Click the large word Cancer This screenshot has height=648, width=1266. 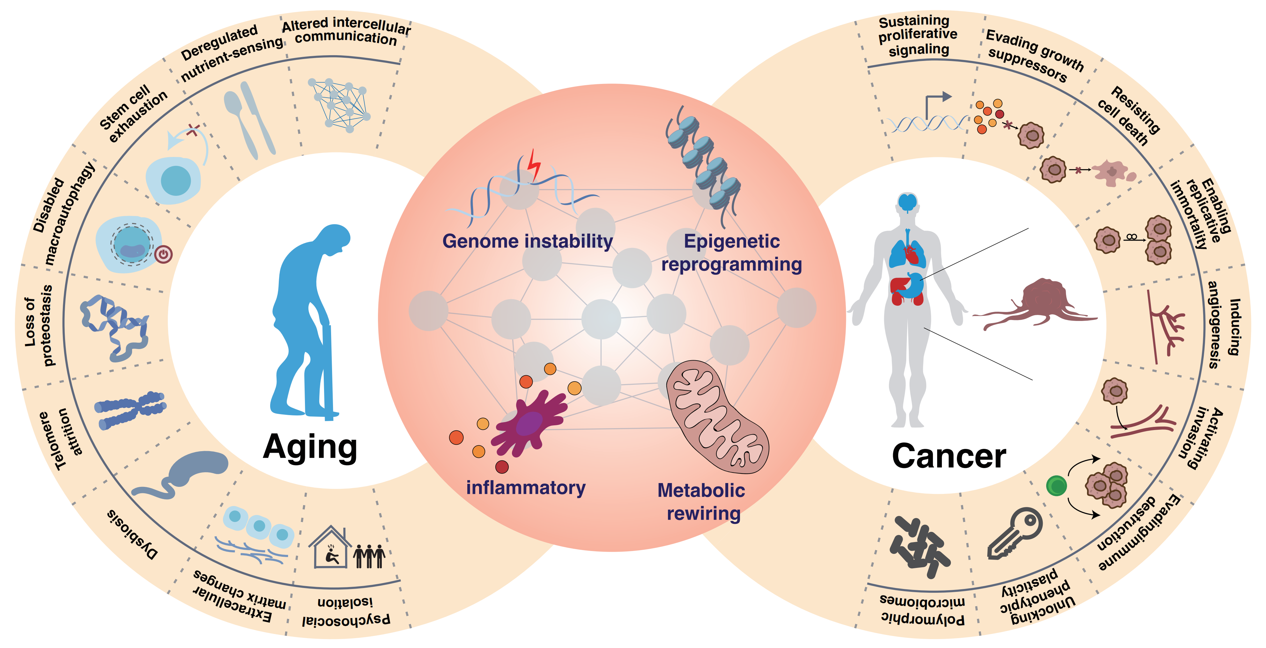(x=949, y=456)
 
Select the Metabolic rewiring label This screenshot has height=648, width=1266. (x=702, y=502)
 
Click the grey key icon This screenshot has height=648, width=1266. (x=1014, y=533)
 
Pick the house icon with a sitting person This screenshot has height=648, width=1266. (x=330, y=547)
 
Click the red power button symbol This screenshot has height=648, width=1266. (x=164, y=254)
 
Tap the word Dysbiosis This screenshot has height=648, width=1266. (x=132, y=534)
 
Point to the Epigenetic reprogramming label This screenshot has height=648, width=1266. (x=732, y=253)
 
